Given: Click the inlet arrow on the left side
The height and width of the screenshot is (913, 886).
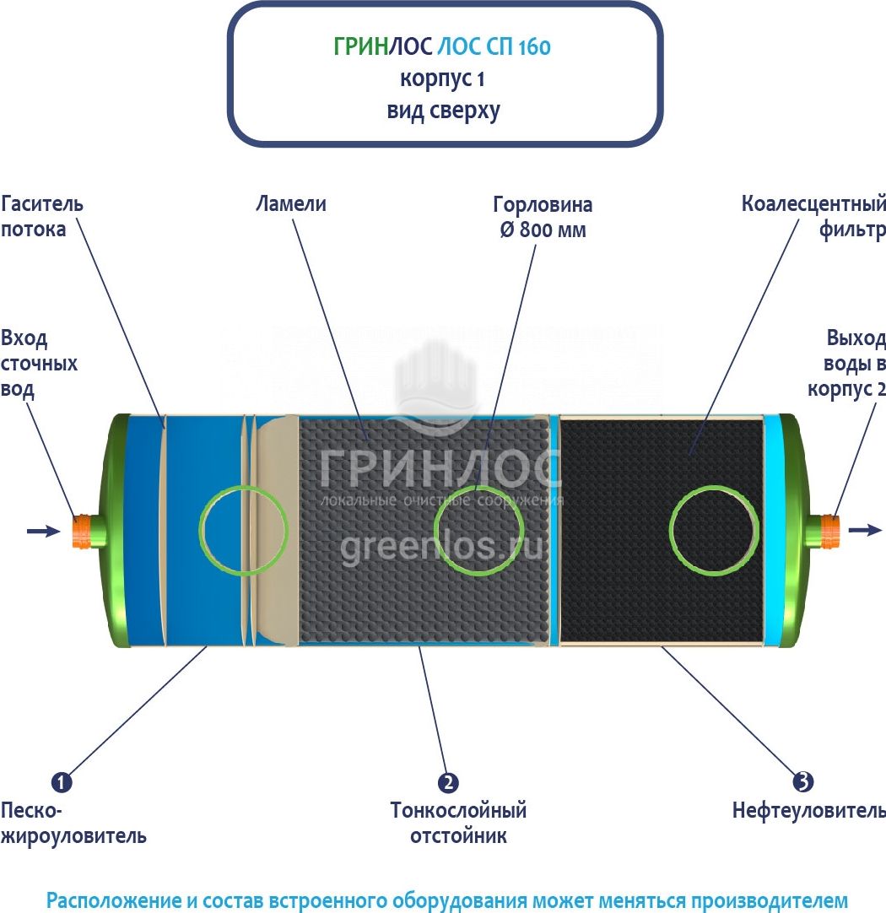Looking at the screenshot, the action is (44, 531).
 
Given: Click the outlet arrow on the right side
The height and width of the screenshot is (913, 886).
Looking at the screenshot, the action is (865, 530).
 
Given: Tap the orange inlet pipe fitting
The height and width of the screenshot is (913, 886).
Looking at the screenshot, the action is (81, 531).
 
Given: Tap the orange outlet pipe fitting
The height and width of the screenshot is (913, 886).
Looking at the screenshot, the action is (830, 531).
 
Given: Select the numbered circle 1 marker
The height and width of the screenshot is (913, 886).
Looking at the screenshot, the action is (62, 782).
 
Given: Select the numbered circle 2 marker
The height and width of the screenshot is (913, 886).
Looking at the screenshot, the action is (448, 782).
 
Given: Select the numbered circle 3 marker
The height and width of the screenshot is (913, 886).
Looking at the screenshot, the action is (803, 781).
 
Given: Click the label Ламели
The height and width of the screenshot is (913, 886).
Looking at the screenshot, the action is (291, 204).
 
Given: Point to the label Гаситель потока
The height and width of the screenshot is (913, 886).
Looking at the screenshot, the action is (42, 217).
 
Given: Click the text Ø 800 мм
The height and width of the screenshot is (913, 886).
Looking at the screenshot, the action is (543, 230).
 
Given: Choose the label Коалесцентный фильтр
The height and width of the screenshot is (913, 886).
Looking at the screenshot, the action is (813, 217).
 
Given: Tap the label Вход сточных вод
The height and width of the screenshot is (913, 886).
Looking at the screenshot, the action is (39, 364).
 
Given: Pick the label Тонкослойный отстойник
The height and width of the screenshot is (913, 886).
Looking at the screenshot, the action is (459, 823).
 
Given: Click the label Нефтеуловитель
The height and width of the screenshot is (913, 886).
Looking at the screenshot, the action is (809, 811).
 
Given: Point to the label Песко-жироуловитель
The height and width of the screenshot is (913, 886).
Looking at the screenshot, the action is (73, 823).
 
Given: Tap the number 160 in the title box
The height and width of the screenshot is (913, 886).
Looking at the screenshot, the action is (534, 47).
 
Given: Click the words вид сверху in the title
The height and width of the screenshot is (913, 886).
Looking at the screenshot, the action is (444, 111).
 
